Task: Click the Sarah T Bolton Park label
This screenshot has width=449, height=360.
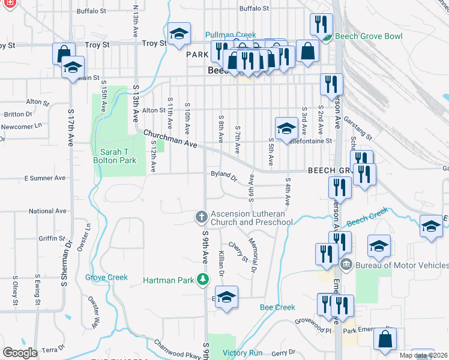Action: pyautogui.click(x=115, y=155)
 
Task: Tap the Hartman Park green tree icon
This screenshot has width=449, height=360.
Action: pyautogui.click(x=203, y=280)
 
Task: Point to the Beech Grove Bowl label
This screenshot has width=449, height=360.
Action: pyautogui.click(x=368, y=37)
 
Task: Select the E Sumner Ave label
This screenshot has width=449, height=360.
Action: pyautogui.click(x=44, y=178)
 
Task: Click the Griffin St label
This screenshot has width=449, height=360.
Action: pyautogui.click(x=48, y=238)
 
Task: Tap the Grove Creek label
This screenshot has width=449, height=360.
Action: pyautogui.click(x=106, y=277)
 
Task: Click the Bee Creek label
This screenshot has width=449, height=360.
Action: pyautogui.click(x=277, y=307)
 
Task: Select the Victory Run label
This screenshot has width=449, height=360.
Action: pyautogui.click(x=243, y=353)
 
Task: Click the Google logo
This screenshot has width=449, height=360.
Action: pyautogui.click(x=20, y=353)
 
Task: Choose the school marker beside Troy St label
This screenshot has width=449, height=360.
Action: pyautogui.click(x=178, y=35)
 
